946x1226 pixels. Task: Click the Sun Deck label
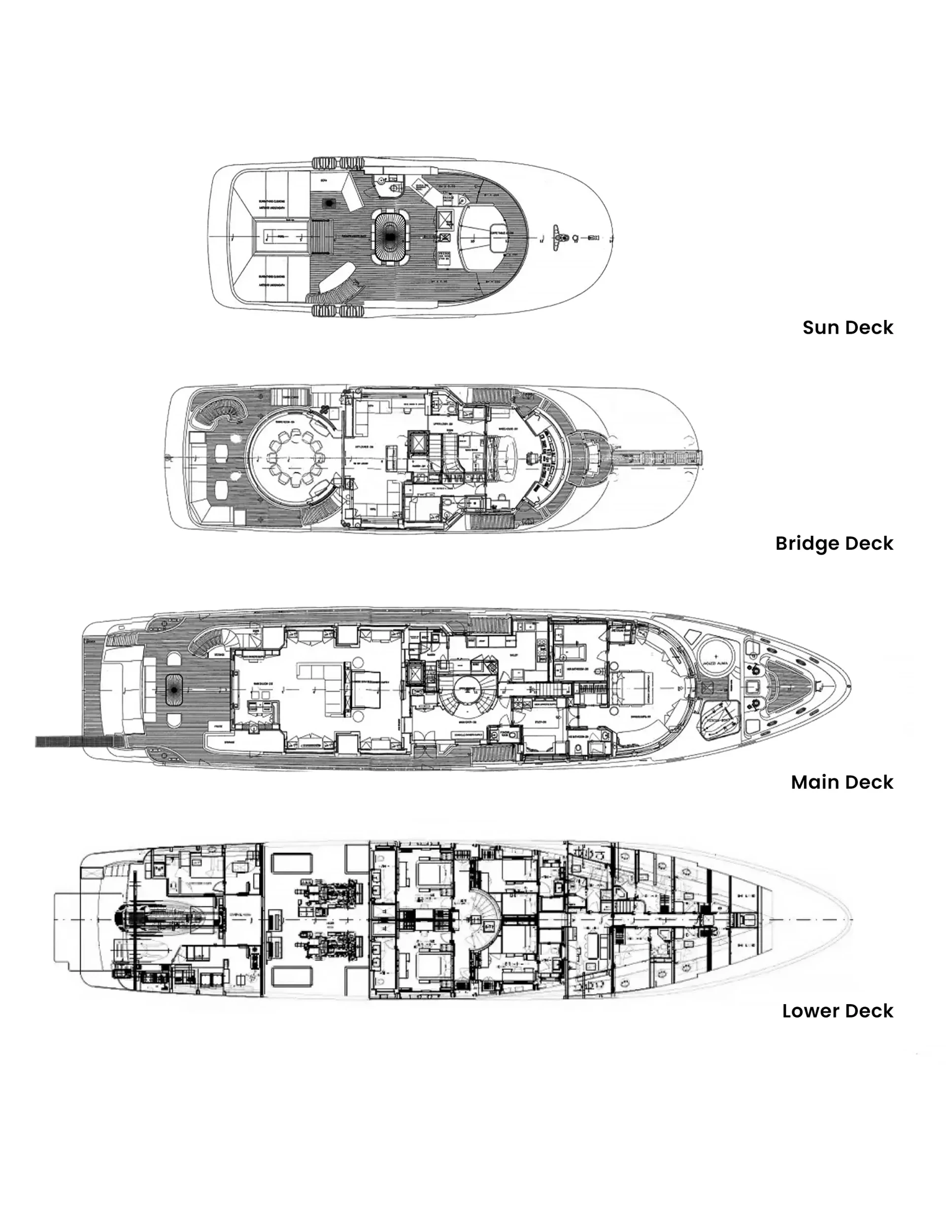(847, 327)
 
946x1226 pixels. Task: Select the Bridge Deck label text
(834, 543)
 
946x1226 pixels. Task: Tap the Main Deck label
(842, 782)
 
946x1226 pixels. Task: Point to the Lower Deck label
(837, 1011)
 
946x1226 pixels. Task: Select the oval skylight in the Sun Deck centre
(390, 236)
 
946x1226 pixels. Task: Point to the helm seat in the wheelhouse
(531, 458)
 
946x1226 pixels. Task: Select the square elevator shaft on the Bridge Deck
(417, 444)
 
